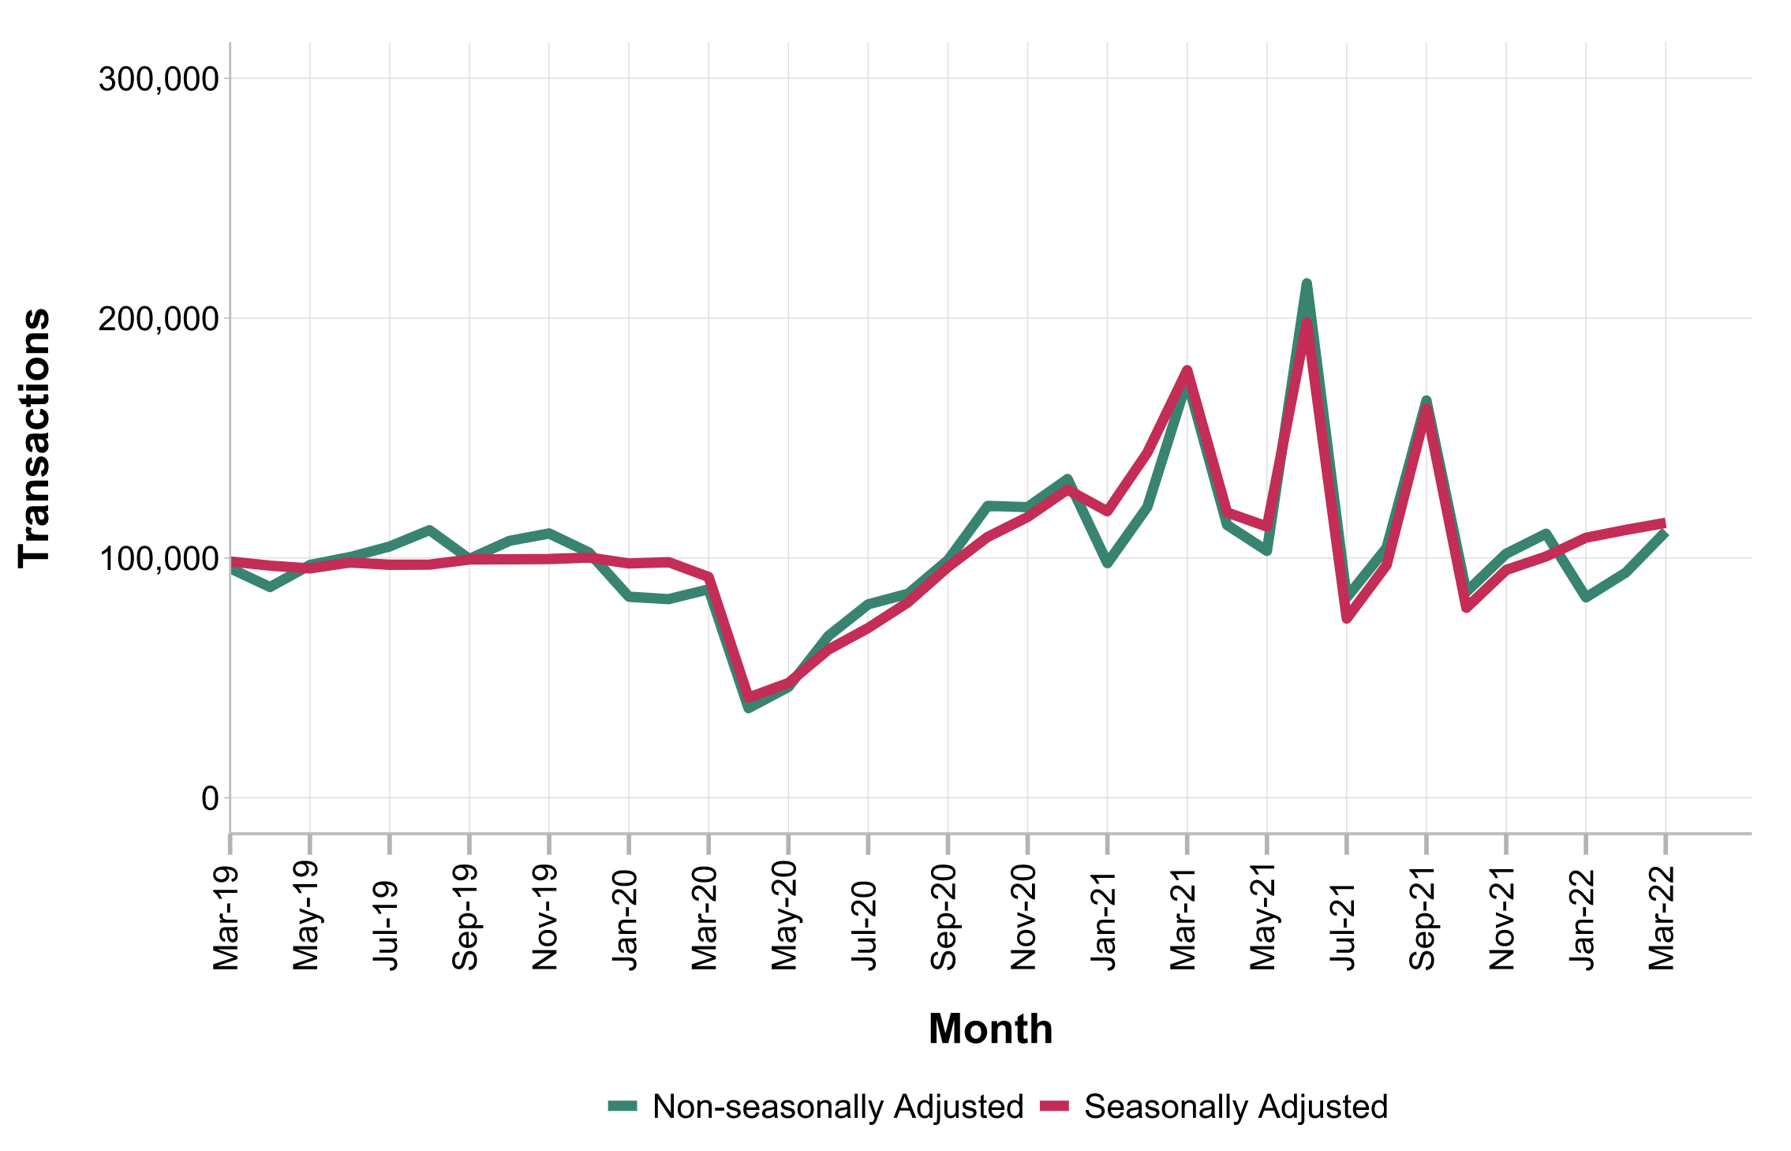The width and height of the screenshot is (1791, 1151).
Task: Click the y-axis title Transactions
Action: click(35, 437)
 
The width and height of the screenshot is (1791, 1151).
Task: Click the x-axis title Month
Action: click(990, 1029)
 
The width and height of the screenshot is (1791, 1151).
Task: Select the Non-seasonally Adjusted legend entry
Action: click(837, 1107)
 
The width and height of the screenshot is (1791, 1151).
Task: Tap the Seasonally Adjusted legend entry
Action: click(1236, 1107)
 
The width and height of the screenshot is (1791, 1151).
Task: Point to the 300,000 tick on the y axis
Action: click(158, 79)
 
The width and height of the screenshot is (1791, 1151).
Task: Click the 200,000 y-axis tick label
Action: click(158, 319)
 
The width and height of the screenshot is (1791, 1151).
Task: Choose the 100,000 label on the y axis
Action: click(158, 559)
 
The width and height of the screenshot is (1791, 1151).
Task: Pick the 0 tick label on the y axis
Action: click(210, 799)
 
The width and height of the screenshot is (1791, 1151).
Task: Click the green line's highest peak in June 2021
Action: click(1307, 283)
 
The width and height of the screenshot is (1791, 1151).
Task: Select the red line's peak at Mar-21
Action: click(1187, 370)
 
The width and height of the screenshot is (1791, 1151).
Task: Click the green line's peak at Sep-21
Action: click(1426, 400)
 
